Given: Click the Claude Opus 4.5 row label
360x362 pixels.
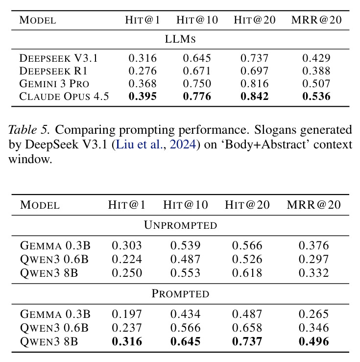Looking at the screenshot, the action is click(x=64, y=97).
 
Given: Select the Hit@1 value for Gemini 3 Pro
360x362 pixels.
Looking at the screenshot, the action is click(x=143, y=84).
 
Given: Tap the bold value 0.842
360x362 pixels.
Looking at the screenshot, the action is click(x=255, y=97).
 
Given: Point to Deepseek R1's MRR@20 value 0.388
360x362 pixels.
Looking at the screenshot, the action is click(x=316, y=71).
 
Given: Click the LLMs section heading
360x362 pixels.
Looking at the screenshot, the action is click(x=180, y=39).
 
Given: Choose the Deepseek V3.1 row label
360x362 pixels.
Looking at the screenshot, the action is click(x=59, y=58).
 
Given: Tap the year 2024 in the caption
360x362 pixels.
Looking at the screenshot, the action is click(x=183, y=145).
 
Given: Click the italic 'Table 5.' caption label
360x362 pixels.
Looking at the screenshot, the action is click(x=29, y=129).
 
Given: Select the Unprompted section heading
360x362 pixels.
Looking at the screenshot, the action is click(x=180, y=225).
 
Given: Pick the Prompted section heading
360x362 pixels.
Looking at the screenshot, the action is click(x=180, y=293).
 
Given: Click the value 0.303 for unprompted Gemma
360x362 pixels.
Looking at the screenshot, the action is click(x=127, y=245).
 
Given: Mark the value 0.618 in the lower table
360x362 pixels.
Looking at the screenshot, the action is click(x=247, y=273).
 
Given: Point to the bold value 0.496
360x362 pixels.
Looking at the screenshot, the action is click(x=313, y=341).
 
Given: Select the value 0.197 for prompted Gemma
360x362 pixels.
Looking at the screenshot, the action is click(x=127, y=314).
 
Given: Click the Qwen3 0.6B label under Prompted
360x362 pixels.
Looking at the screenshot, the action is click(x=54, y=328).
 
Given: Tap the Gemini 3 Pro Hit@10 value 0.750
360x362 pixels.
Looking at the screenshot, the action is click(x=197, y=84).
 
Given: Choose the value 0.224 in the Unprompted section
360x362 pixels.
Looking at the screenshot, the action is click(x=127, y=259).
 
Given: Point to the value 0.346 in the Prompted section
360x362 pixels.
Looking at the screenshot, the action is click(x=313, y=328).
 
